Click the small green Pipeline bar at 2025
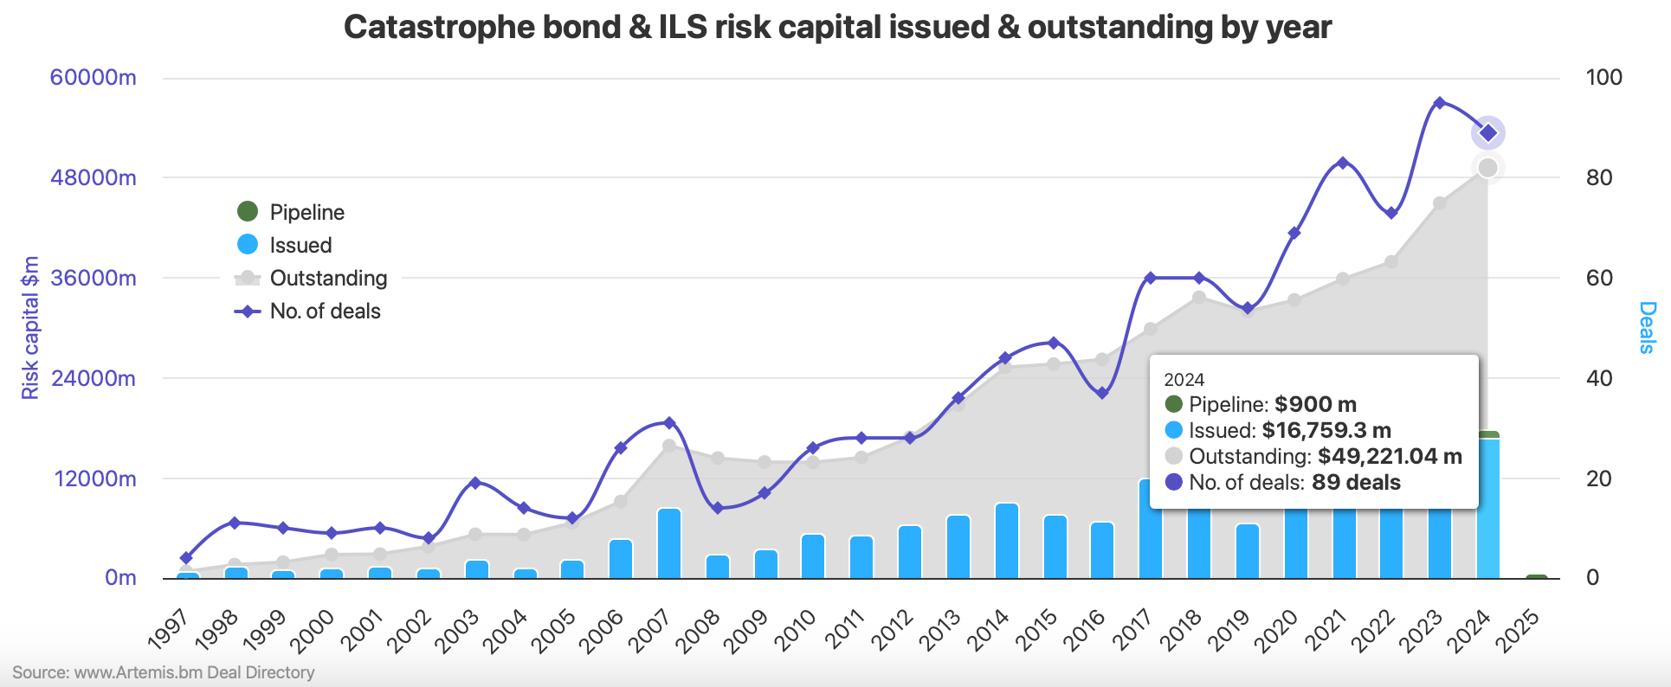(1537, 576)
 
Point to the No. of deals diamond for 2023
(1440, 103)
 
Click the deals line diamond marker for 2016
(1102, 393)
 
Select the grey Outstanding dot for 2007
(668, 446)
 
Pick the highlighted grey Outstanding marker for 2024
(1488, 168)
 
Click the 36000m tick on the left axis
(94, 279)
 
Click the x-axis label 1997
(168, 631)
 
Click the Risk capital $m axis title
(30, 328)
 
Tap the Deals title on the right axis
(1647, 328)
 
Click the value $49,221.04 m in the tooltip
(1390, 457)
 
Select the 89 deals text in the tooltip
(1356, 483)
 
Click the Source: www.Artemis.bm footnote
(164, 672)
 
